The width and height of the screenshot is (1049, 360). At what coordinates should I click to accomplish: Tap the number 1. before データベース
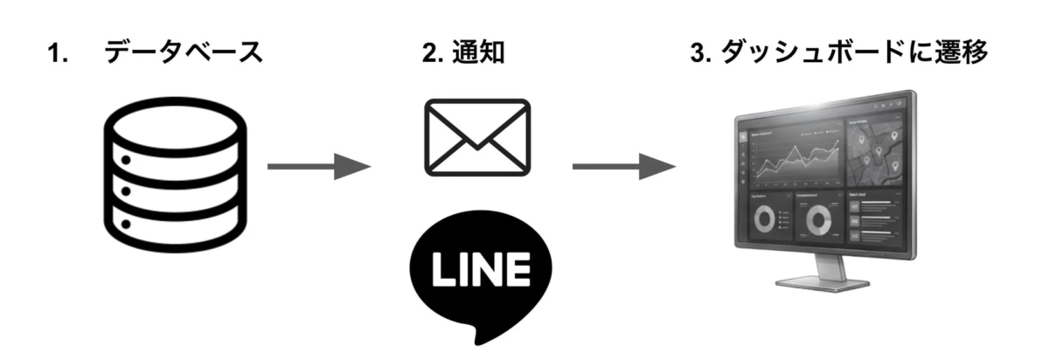click(59, 54)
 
